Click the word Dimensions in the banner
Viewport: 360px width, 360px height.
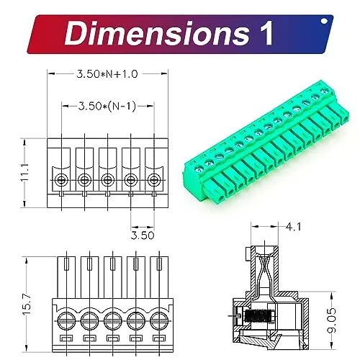157,33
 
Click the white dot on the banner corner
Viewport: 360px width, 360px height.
324,21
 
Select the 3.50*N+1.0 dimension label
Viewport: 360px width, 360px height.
107,74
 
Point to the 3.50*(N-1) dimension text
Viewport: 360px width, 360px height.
107,106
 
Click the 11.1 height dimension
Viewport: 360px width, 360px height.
24,172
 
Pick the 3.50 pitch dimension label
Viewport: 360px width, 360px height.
143,235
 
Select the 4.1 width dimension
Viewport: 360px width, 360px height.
293,227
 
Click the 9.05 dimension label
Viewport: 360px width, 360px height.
331,320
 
